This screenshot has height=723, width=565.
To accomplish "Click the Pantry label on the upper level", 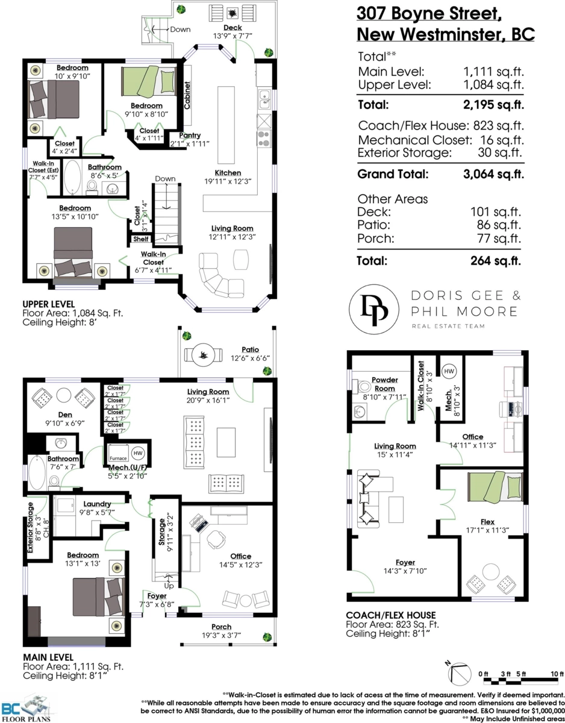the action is (x=190, y=135).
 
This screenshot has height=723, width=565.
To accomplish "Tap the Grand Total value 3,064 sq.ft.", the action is (x=493, y=174).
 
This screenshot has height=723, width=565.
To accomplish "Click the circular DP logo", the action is (x=374, y=309).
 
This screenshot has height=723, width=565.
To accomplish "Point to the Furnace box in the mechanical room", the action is (x=118, y=453).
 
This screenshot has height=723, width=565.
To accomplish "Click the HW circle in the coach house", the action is (x=449, y=371).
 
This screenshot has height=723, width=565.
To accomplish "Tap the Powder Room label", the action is (x=385, y=384).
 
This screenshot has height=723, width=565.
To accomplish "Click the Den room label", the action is (x=65, y=415).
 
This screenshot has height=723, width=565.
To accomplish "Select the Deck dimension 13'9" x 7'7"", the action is (x=233, y=36).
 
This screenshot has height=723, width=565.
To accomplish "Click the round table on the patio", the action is (x=203, y=355).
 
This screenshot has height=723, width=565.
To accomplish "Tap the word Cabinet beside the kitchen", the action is (x=187, y=95).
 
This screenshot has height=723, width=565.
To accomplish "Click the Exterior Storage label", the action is (x=30, y=527).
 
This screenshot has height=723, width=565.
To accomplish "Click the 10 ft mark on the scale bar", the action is (x=557, y=674).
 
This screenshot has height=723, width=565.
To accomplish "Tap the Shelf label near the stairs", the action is (x=141, y=239).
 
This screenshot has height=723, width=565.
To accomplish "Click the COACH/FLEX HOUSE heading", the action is (x=391, y=615).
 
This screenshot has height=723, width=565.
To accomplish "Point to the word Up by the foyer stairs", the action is (x=169, y=586).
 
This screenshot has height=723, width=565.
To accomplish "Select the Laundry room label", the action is (x=97, y=504).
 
